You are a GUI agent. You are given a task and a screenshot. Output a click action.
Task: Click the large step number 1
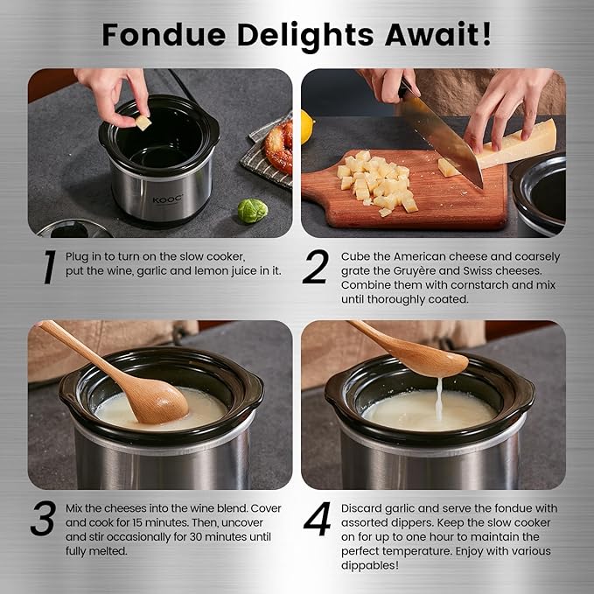tap(45, 269)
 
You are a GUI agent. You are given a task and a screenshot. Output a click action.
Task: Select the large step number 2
tap(316, 269)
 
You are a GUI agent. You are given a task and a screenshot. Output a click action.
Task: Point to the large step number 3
tap(44, 519)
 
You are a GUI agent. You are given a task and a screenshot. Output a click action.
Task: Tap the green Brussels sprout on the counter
tap(252, 211)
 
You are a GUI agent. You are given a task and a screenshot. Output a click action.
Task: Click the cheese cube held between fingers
tap(143, 122)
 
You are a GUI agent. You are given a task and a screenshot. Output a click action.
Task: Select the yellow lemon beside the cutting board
tap(307, 128)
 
